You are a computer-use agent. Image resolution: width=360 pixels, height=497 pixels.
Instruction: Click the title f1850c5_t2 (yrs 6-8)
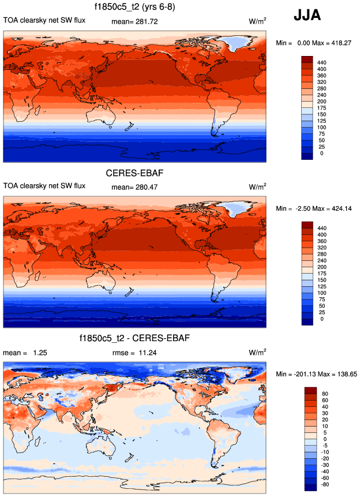tap(134, 8)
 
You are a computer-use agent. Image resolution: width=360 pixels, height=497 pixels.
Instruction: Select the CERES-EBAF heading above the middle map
tap(134, 173)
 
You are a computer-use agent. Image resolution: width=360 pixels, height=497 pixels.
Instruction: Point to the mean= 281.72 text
tap(134, 21)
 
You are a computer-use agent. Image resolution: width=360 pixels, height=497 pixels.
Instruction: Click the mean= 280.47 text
tap(134, 186)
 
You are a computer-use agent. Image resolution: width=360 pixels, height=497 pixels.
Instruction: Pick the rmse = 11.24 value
tap(134, 352)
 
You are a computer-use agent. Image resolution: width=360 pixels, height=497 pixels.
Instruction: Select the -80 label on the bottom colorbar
tap(324, 485)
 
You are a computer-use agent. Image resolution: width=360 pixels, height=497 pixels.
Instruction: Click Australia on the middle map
tap(119, 276)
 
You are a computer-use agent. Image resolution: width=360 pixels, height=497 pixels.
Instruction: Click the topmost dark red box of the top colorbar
tap(307, 59)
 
